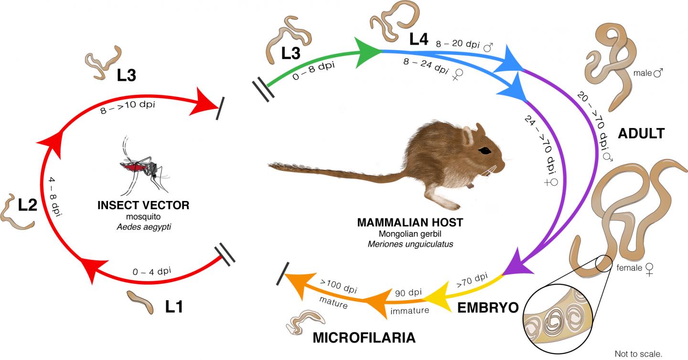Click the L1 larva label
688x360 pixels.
pyautogui.click(x=174, y=307)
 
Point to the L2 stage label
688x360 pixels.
pyautogui.click(x=28, y=205)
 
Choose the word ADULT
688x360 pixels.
pyautogui.click(x=641, y=133)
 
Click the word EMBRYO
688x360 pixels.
pyautogui.click(x=488, y=307)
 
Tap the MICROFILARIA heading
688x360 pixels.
pyautogui.click(x=364, y=338)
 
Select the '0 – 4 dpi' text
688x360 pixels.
pyautogui.click(x=152, y=272)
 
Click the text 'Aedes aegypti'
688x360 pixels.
pyautogui.click(x=144, y=227)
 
